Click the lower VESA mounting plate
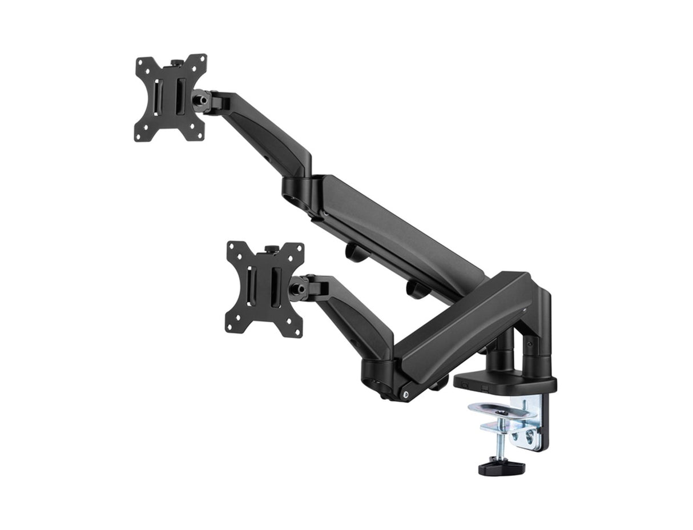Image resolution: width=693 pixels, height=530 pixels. [264, 289]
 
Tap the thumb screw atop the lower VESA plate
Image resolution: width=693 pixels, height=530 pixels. [270, 250]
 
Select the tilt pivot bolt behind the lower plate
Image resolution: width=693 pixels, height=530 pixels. [297, 289]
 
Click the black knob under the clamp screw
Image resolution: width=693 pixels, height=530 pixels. [501, 467]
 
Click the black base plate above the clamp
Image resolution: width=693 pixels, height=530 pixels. [505, 381]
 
